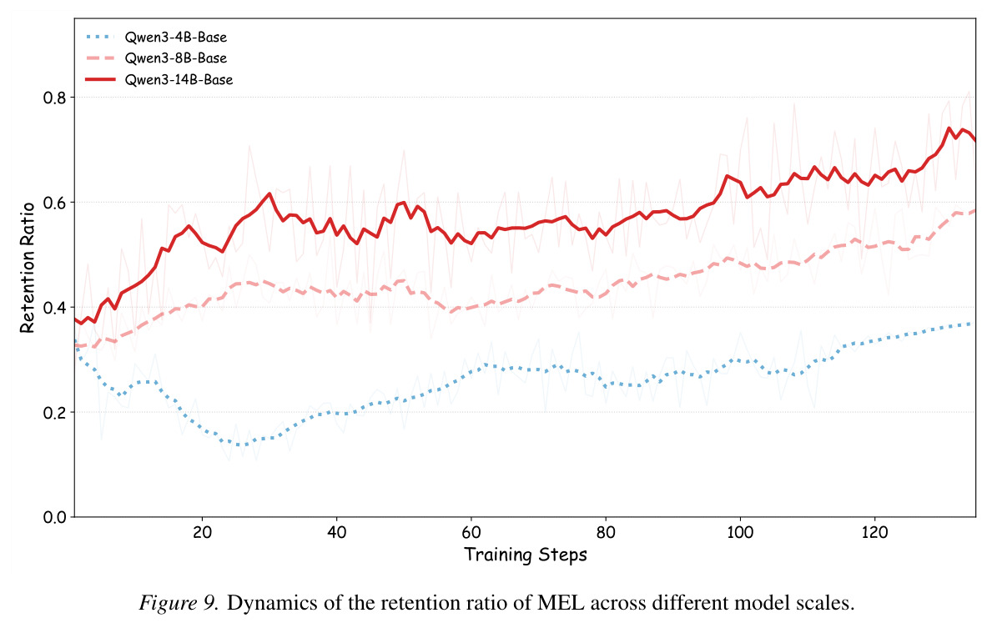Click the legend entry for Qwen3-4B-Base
pos(156,38)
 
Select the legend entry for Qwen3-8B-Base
pos(156,58)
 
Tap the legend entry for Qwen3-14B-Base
pos(159,80)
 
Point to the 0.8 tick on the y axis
pos(54,98)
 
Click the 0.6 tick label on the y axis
pos(54,203)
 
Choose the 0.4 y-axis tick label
pos(54,308)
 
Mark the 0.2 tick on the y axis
pos(54,412)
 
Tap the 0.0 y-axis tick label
pos(54,517)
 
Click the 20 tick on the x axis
pos(203,532)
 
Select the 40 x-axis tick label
pos(336,532)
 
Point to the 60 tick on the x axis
pos(471,532)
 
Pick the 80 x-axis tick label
pos(606,532)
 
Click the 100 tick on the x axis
pos(740,532)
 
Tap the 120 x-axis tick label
pos(874,532)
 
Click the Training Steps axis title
pos(526,555)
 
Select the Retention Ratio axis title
pos(28,268)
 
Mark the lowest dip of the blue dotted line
pos(240,445)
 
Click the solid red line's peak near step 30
pos(269,193)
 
